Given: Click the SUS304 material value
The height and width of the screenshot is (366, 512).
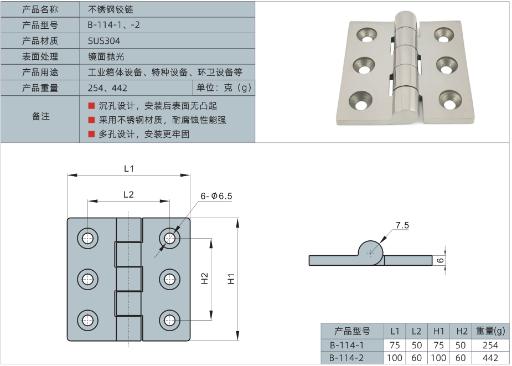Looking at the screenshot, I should pyautogui.click(x=104, y=41).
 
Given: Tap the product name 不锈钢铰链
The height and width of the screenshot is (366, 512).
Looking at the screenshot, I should pyautogui.click(x=111, y=9).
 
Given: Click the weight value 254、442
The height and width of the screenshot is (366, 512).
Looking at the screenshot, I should pyautogui.click(x=107, y=88).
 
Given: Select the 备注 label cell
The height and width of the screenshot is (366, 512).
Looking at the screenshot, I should pyautogui.click(x=40, y=116).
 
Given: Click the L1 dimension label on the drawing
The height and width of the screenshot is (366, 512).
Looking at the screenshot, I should pyautogui.click(x=128, y=168).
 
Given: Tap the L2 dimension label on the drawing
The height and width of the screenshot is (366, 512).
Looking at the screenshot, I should pyautogui.click(x=128, y=194).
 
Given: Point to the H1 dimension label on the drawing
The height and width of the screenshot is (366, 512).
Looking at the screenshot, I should pyautogui.click(x=232, y=280).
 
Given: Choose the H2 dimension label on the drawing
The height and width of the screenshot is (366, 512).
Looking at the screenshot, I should pyautogui.click(x=204, y=279).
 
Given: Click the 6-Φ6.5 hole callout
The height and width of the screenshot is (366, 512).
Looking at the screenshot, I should pyautogui.click(x=216, y=197).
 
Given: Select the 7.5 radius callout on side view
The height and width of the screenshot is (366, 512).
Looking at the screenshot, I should pyautogui.click(x=402, y=225).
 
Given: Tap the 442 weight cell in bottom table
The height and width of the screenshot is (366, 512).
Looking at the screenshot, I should pyautogui.click(x=490, y=358).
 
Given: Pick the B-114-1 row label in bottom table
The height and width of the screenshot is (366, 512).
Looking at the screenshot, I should pyautogui.click(x=346, y=345).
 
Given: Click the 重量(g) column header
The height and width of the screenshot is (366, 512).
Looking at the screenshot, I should pyautogui.click(x=490, y=331).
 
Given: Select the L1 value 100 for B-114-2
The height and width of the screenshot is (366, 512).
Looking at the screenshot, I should pyautogui.click(x=394, y=358).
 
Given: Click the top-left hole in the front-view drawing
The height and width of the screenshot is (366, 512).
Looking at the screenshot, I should pyautogui.click(x=87, y=238).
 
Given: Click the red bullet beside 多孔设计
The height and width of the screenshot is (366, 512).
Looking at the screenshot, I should pyautogui.click(x=91, y=133).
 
